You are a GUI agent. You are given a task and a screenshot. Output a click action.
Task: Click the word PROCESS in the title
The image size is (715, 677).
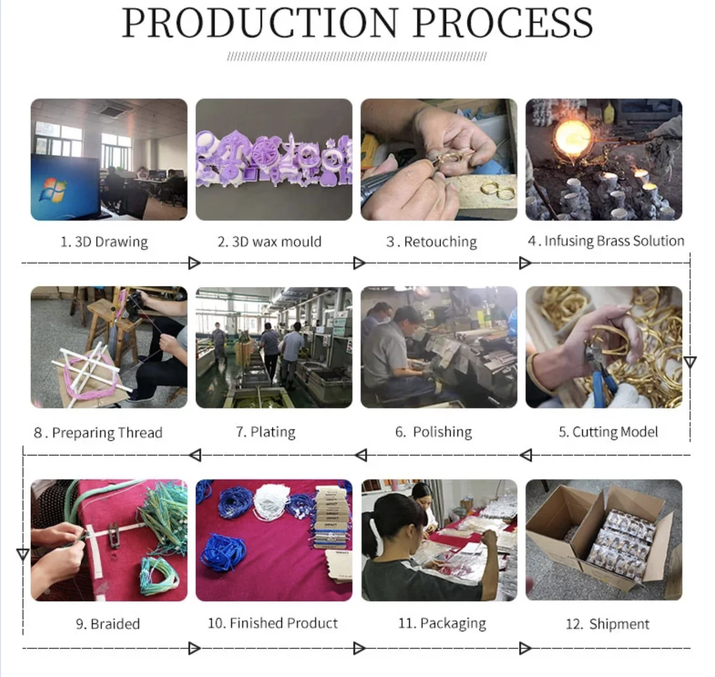click(503, 23)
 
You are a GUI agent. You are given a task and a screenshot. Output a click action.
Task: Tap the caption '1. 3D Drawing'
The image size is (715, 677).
click(104, 242)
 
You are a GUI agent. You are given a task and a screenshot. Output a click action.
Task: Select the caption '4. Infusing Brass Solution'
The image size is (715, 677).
click(606, 241)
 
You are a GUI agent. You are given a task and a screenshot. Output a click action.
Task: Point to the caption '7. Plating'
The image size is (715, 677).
click(265, 432)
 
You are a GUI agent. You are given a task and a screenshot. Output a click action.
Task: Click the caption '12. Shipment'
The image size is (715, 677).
click(607, 624)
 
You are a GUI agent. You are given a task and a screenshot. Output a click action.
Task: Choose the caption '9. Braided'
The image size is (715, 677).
click(108, 624)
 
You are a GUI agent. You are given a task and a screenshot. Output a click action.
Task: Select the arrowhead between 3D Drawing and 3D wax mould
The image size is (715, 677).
click(194, 263)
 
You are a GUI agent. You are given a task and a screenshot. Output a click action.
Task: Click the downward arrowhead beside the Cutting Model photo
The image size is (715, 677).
click(690, 362)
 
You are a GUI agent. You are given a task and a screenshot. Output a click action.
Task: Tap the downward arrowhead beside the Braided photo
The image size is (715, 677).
click(23, 555)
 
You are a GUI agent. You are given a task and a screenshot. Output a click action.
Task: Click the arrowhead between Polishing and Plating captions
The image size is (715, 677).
click(361, 455)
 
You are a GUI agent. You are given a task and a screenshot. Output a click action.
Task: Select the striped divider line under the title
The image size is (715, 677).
click(357, 57)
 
